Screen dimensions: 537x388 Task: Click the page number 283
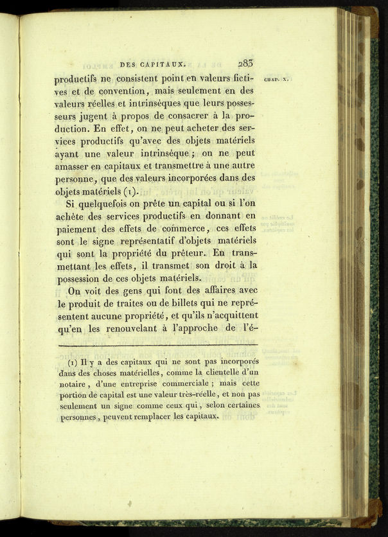245,63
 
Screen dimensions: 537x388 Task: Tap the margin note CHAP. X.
278,79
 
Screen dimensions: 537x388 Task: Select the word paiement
76,227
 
